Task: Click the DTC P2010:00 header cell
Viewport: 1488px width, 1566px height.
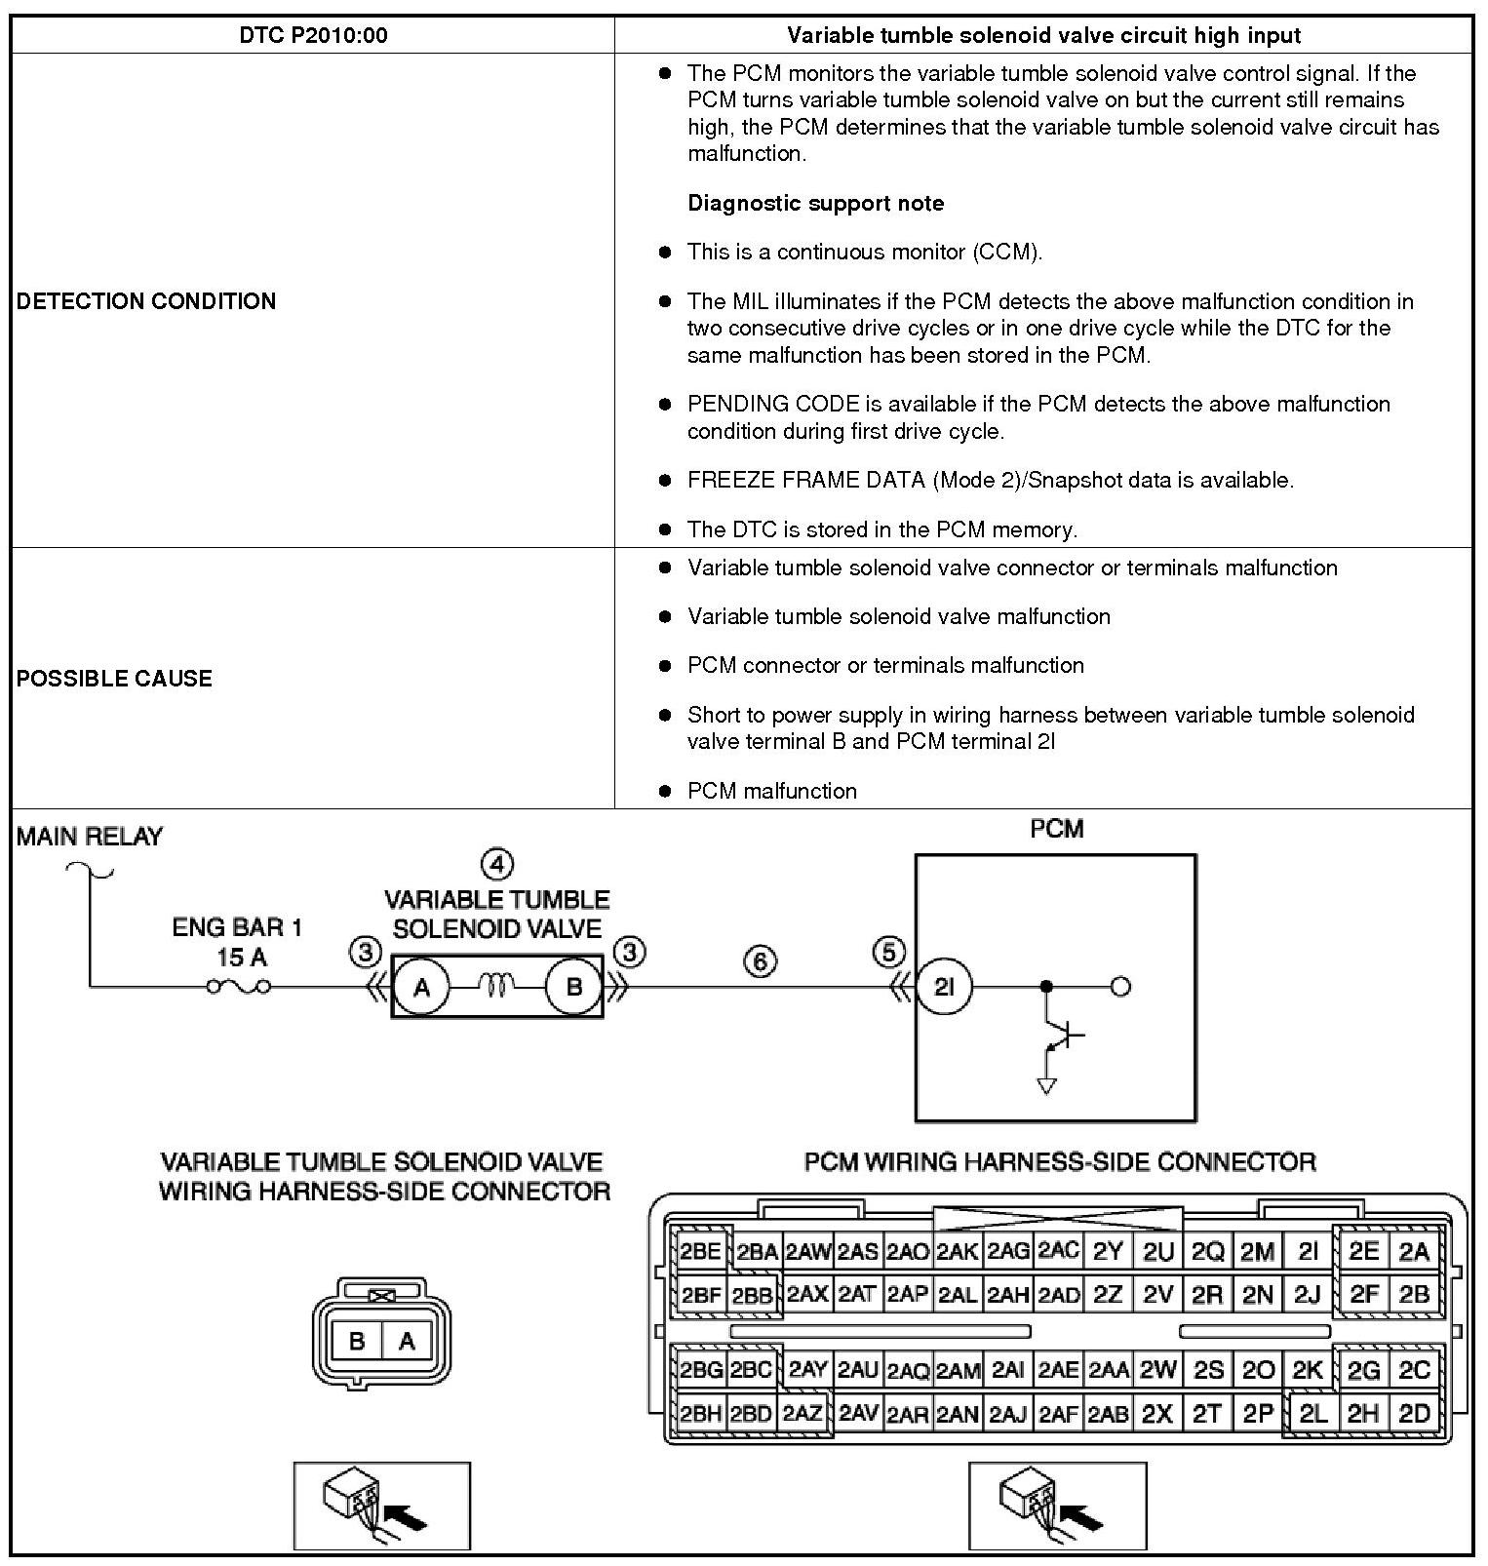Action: (313, 36)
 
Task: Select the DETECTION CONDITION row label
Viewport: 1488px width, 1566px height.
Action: (146, 300)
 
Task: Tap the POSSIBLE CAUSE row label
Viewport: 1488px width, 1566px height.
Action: (114, 678)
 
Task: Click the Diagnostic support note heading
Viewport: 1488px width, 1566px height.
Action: (815, 203)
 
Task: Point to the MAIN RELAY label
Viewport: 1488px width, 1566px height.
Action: (90, 836)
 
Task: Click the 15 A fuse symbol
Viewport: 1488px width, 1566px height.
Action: (238, 987)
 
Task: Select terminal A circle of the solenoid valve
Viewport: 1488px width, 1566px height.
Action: (421, 987)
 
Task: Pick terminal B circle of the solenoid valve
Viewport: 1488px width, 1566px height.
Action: (574, 987)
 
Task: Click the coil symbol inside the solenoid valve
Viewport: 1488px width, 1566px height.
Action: (496, 987)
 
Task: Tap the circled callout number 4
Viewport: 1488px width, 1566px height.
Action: (497, 864)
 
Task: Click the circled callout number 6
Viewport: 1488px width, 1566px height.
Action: (761, 961)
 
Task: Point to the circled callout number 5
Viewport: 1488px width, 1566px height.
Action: (889, 952)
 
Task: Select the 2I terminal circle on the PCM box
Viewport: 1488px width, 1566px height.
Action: (944, 987)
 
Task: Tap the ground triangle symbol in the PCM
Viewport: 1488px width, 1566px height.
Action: (1047, 1085)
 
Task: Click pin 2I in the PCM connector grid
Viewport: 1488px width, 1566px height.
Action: (1308, 1251)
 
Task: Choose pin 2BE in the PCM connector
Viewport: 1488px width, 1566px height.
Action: (700, 1252)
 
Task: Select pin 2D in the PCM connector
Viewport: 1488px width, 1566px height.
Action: (1413, 1413)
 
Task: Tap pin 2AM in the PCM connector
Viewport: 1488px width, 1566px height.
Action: (958, 1371)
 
